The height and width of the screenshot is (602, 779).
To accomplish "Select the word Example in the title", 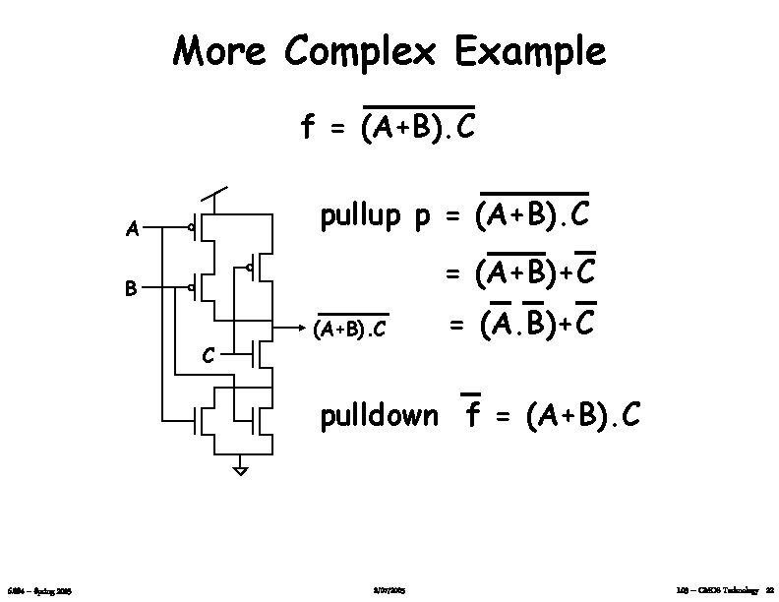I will [x=529, y=52].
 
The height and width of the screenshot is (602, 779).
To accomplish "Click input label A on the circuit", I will [x=131, y=232].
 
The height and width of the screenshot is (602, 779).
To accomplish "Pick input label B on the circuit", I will [x=130, y=290].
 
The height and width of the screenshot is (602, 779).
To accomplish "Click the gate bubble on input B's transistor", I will [x=191, y=289].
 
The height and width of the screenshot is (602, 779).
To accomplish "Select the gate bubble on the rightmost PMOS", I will [x=251, y=267].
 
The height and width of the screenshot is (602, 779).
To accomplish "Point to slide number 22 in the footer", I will [x=769, y=589].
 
